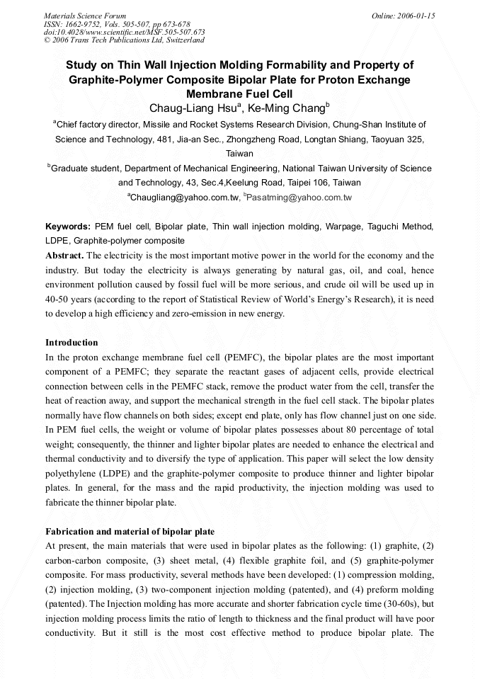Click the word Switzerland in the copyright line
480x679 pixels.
(182, 40)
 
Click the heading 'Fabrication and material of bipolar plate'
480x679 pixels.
(130, 531)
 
